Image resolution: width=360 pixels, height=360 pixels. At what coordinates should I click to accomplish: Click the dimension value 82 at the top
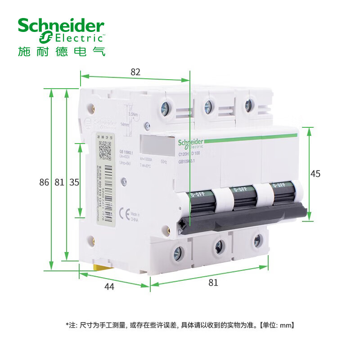coord(135,72)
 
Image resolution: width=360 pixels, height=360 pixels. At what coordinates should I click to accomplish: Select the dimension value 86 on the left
coord(44,182)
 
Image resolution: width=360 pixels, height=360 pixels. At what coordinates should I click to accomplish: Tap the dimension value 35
coord(74,182)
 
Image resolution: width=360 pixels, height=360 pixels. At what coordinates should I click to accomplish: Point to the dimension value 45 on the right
coord(315,174)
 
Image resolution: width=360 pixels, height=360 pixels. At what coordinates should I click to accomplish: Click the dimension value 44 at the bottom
coord(109,287)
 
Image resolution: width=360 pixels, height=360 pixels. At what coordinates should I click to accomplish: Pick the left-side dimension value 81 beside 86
coord(59,182)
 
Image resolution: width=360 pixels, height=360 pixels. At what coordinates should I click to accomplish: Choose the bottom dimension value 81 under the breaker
coord(213,283)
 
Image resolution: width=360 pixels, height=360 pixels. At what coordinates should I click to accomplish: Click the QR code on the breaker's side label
coord(104,150)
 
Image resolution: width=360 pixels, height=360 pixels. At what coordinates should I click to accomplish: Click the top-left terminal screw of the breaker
coord(165,108)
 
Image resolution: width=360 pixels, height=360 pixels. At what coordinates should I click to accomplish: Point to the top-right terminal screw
coord(248,105)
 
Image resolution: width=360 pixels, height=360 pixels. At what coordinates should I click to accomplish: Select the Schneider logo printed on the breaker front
coord(191,143)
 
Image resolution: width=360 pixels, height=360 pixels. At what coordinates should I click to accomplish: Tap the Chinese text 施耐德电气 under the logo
coord(61,51)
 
